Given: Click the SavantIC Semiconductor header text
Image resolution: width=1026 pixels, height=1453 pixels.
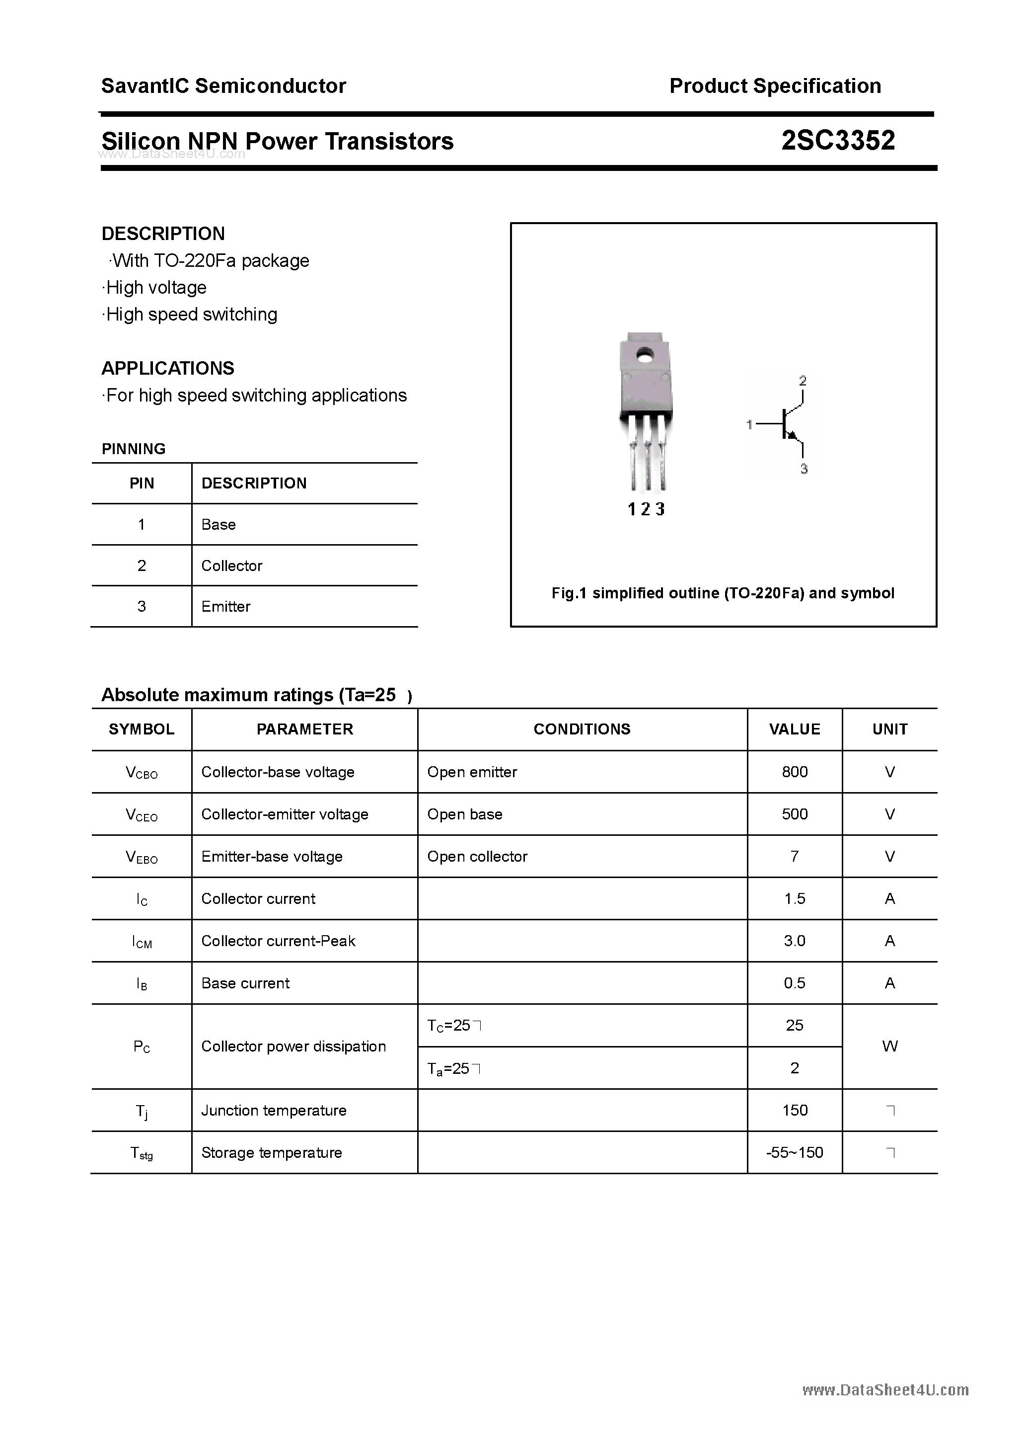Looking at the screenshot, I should pos(223,86).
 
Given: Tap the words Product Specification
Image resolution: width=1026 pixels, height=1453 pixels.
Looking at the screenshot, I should pos(775,86).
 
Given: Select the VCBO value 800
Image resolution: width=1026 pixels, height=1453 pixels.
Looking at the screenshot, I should pos(795,771).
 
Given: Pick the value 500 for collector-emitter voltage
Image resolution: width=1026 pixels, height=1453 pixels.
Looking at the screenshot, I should pos(795,814).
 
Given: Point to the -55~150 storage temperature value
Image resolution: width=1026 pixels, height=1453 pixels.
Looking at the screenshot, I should pos(795,1152).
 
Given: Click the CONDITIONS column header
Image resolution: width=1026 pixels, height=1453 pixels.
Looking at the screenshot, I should pos(582,729).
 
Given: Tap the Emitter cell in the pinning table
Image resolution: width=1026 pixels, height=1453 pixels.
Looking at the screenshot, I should pos(226,606).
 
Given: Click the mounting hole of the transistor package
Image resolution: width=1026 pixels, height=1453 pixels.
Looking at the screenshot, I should pos(646,357).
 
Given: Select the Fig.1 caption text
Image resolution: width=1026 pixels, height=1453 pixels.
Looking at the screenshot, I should pos(723,593).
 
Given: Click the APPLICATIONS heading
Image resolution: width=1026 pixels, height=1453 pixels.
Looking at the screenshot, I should pos(168,368).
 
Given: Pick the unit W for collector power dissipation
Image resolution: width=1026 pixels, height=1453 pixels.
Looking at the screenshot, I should pos(889,1046).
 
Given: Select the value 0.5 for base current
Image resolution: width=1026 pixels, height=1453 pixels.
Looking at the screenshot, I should pos(795,983).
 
